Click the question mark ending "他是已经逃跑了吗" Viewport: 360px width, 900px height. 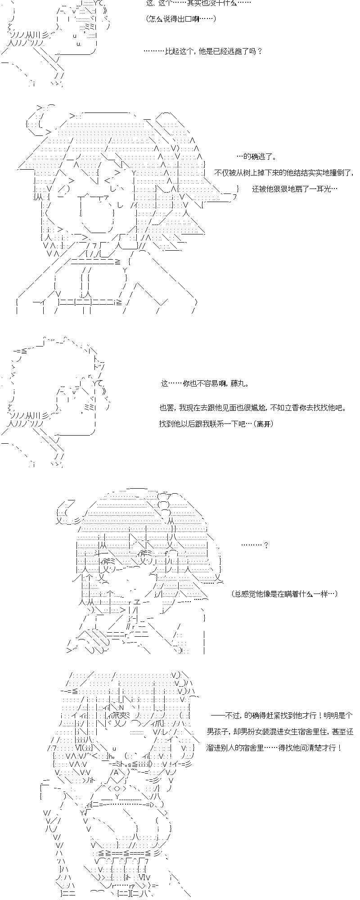(x=259, y=51)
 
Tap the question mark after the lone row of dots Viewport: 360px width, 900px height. (x=266, y=545)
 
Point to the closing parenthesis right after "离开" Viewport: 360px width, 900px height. (x=272, y=424)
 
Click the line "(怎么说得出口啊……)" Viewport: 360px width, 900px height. (x=181, y=18)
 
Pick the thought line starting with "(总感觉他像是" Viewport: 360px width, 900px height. (x=284, y=594)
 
